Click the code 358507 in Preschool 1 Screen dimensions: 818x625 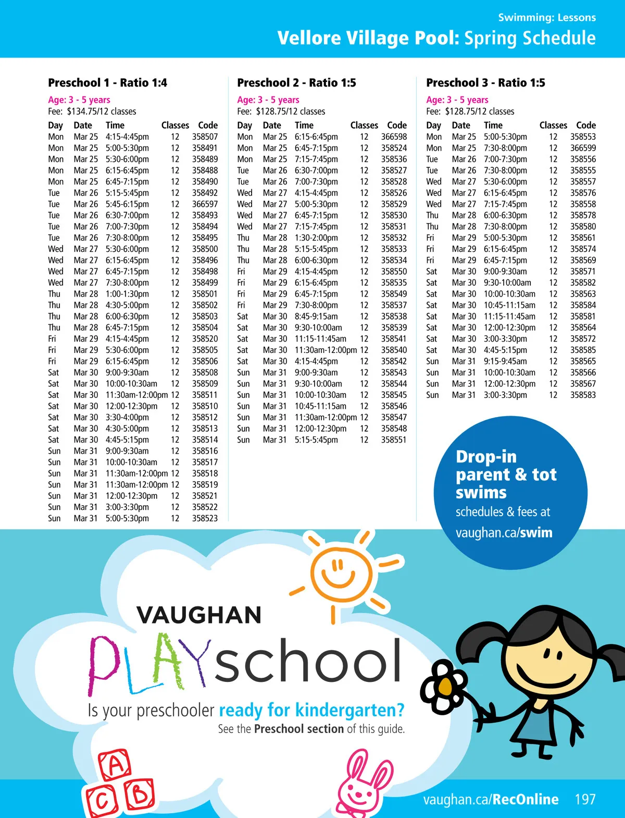(205, 137)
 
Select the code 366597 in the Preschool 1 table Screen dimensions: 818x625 (205, 204)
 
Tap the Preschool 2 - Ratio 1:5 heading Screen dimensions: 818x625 (296, 82)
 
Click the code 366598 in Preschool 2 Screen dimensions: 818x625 (394, 137)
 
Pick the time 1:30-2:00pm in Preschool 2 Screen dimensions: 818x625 (316, 238)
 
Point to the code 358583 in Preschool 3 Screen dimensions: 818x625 (583, 395)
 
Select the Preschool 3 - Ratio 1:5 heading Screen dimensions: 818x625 (485, 82)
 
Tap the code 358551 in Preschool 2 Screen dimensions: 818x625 (394, 439)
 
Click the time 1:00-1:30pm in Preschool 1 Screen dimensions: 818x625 (127, 294)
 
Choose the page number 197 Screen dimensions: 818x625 (585, 799)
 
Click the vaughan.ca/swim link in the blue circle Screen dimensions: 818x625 (504, 532)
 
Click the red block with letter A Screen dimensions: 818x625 (115, 765)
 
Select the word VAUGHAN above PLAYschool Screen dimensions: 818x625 (199, 615)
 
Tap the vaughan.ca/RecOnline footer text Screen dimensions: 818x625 (491, 799)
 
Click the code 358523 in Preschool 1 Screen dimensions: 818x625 (205, 518)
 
